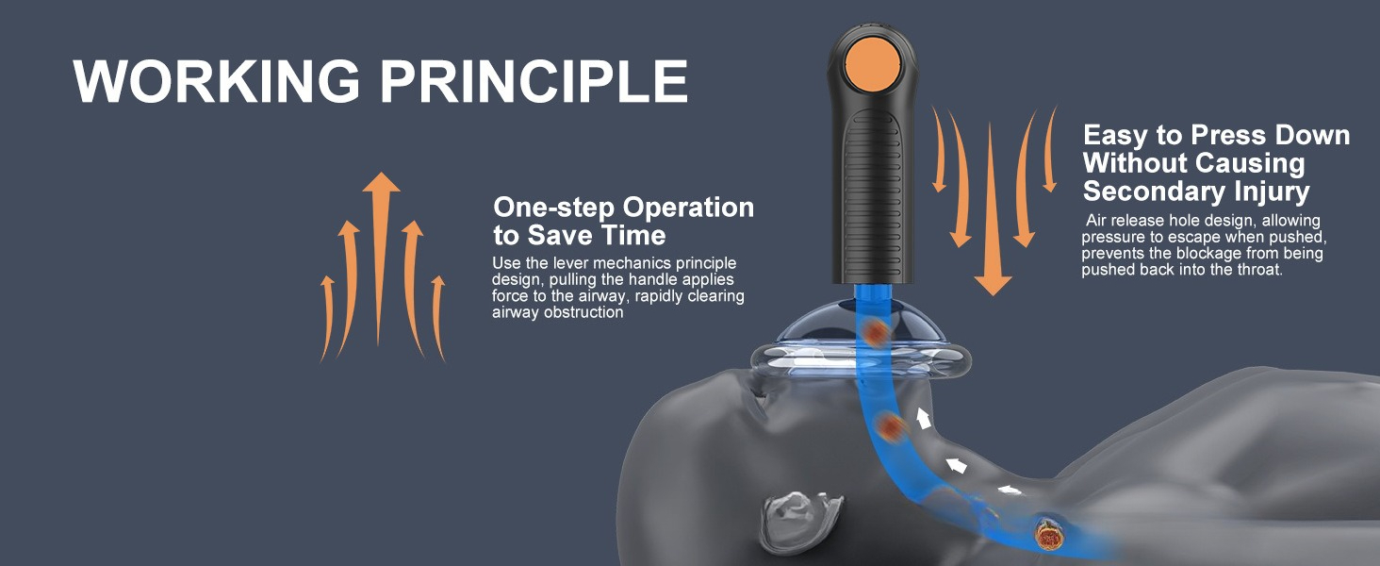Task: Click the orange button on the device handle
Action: [873, 63]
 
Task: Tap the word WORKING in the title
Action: [216, 81]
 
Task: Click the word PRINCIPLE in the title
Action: [534, 81]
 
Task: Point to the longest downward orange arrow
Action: [992, 209]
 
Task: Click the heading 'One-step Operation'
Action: [623, 208]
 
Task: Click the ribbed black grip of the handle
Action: [873, 197]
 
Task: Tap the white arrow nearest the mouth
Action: [923, 418]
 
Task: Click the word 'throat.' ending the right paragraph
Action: [1260, 270]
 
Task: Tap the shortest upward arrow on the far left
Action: [326, 318]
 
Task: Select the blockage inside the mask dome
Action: [876, 333]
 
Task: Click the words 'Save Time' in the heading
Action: [597, 236]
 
